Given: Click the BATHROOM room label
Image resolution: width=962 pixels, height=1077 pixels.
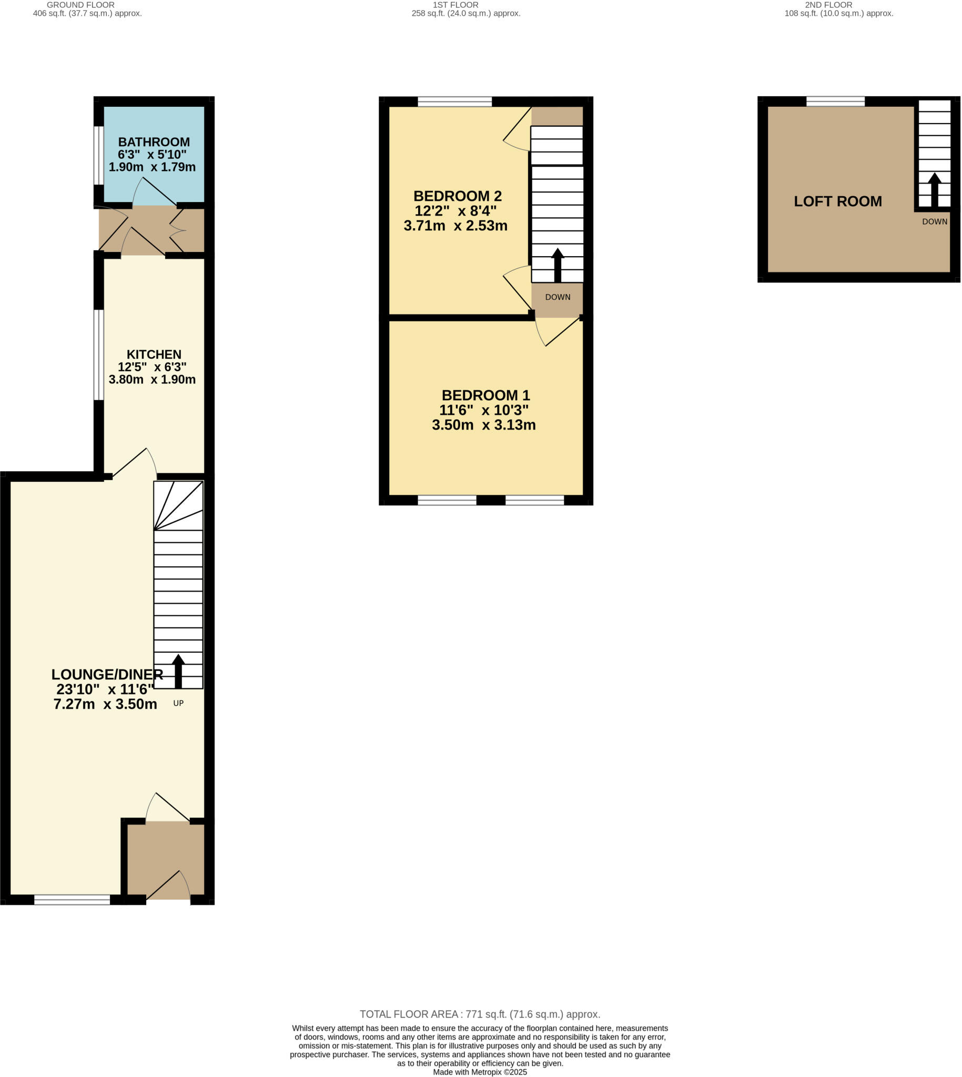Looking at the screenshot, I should (154, 142).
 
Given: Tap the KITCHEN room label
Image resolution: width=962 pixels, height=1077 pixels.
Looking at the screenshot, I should (154, 354).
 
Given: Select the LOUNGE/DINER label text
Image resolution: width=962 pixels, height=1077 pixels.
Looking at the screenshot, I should (107, 674).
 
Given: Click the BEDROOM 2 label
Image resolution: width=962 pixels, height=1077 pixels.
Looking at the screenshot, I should (457, 196).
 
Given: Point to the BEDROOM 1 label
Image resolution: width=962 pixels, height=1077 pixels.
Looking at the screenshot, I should (486, 395).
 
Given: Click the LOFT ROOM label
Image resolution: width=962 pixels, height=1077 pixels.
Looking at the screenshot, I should (838, 201).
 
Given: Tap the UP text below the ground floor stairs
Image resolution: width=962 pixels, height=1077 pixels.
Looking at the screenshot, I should (179, 704).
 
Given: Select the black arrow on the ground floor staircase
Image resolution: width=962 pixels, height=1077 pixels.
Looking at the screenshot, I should (178, 670).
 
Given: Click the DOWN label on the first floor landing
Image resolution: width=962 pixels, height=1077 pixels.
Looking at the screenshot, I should (558, 298).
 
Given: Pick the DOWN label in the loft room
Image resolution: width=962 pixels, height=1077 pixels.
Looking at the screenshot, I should (935, 222).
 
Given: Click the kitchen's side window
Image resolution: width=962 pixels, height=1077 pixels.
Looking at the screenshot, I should (99, 354).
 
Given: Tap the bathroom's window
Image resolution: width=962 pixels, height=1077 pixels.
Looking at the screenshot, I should (99, 155).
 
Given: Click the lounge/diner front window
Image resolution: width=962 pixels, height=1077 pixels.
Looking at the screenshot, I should (73, 900).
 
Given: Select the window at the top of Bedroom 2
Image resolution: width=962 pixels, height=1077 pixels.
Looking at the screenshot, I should (454, 101).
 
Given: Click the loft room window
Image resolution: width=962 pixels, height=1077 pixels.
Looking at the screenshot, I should (835, 101).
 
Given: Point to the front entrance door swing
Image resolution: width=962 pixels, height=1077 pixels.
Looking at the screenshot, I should (169, 886).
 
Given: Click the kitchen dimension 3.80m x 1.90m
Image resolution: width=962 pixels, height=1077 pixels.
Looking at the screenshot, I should (152, 380).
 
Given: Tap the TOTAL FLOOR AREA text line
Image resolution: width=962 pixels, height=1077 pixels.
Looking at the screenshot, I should (480, 1014).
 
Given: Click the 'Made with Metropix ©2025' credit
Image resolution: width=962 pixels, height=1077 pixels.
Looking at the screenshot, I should (480, 1072).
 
